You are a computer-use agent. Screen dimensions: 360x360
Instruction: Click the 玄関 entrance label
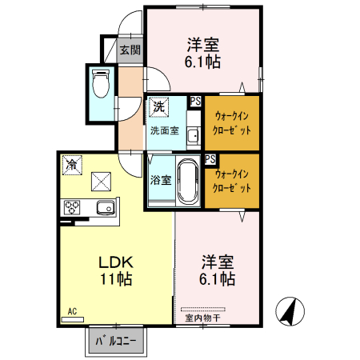(x=130, y=50)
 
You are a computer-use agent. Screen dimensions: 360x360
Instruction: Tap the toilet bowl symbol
(x=101, y=82)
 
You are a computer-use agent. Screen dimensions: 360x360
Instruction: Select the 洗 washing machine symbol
(x=158, y=106)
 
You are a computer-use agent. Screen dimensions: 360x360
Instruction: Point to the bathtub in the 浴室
(x=189, y=182)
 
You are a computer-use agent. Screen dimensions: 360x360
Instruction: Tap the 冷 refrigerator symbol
(x=71, y=164)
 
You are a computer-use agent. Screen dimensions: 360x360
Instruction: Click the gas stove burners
(x=73, y=207)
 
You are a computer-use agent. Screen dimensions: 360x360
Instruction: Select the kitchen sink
(x=106, y=208)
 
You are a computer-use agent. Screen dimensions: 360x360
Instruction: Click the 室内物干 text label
(x=202, y=318)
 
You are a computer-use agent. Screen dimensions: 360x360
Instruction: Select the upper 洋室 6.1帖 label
(x=205, y=53)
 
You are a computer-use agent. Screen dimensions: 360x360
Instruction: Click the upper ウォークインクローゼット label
(x=233, y=122)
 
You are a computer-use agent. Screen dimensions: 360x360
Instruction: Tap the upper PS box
(x=195, y=101)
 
